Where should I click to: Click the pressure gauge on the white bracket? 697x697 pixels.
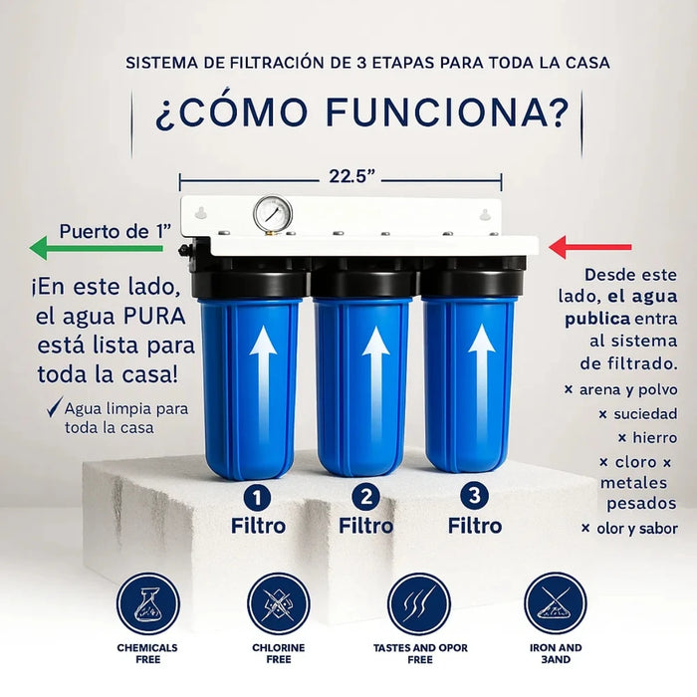(273, 213)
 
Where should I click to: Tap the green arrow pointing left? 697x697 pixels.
(96, 248)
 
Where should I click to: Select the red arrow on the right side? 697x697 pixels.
(590, 247)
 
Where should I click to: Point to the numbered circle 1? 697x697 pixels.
(257, 498)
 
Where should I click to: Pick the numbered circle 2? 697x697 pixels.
(365, 497)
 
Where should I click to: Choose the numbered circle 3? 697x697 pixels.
(474, 496)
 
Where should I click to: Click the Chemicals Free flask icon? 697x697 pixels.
(148, 604)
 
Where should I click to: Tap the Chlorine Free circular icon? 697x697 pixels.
(278, 604)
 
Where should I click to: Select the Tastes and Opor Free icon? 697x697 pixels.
(419, 604)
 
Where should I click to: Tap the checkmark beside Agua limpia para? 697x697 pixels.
(55, 406)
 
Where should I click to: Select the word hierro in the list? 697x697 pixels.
(655, 438)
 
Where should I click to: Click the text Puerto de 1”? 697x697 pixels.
(116, 232)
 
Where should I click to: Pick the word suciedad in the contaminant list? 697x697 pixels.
(645, 414)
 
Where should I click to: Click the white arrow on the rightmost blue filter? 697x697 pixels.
(481, 377)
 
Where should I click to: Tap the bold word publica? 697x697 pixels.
(597, 320)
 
